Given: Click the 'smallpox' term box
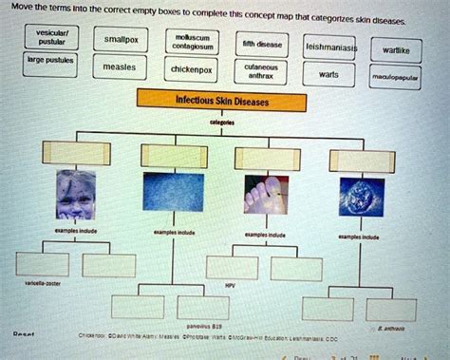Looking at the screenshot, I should point(121,41).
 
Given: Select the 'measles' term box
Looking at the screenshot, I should point(120,67).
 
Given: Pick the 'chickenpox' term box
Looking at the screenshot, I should point(190,69).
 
